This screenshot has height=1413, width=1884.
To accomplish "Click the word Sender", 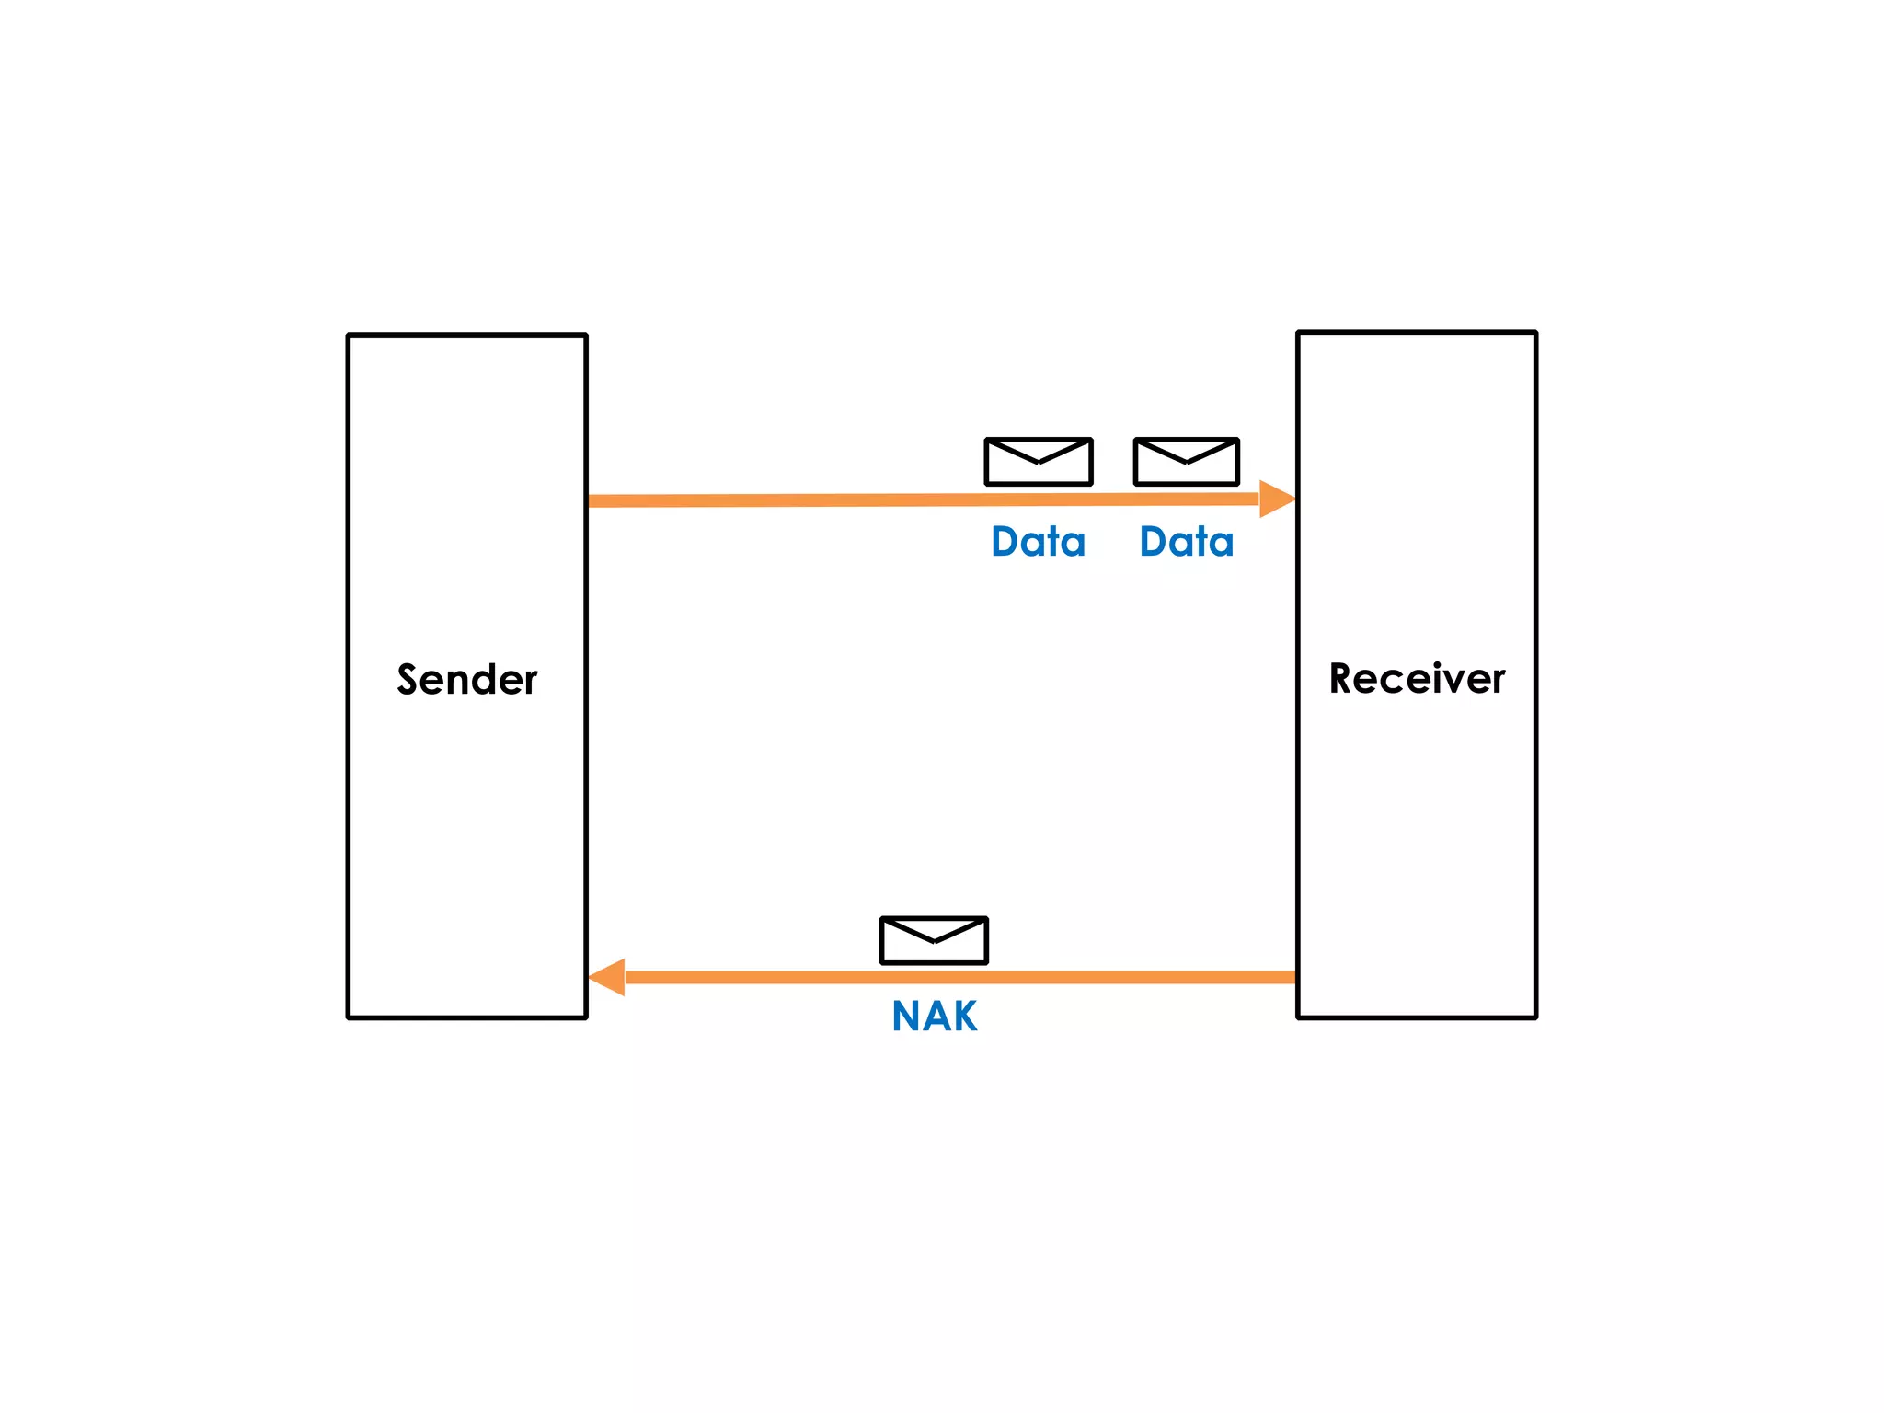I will tap(466, 680).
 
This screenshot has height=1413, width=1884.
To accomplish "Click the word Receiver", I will tap(1417, 679).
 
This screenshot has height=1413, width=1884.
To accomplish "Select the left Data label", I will tap(1038, 542).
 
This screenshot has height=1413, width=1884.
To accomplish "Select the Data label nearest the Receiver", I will tap(1186, 542).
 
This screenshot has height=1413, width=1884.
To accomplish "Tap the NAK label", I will tap(934, 1017).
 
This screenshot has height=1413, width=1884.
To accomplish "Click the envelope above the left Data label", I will tap(1038, 462).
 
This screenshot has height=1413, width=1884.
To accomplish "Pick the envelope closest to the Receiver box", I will tap(1186, 462).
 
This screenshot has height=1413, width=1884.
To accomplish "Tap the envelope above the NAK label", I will tap(934, 940).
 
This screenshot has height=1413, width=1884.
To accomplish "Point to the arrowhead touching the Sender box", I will tap(607, 977).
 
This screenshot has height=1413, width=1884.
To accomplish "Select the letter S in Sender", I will tap(408, 679).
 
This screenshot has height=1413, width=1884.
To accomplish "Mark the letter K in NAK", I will tap(963, 1017).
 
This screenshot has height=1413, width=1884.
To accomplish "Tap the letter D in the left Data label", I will tap(1005, 542).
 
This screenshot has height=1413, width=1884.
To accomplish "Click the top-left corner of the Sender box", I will tap(349, 336).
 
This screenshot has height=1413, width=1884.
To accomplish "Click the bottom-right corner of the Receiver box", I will tap(1535, 1017).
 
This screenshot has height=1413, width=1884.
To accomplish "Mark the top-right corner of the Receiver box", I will tap(1535, 333).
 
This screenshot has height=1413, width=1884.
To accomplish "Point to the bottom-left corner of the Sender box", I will tap(349, 1017).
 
